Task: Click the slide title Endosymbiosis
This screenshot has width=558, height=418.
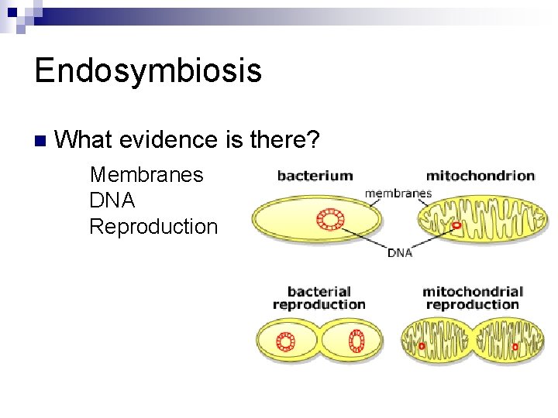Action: (x=148, y=71)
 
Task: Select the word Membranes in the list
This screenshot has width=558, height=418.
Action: (x=146, y=175)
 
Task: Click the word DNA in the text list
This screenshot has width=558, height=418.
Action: (x=112, y=201)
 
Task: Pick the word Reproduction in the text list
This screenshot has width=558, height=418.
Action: (x=153, y=227)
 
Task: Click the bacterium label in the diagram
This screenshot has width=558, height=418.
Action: (x=315, y=176)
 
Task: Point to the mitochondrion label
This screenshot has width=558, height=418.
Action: (x=480, y=176)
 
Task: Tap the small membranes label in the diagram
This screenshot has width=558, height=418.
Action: (x=398, y=193)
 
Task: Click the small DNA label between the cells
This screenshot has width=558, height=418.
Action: (x=400, y=252)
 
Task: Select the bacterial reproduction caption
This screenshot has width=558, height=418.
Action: (x=319, y=298)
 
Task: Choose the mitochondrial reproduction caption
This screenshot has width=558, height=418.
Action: (x=473, y=298)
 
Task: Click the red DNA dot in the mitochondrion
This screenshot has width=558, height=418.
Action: (x=456, y=225)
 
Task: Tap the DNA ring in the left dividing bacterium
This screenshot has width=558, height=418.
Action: (x=285, y=341)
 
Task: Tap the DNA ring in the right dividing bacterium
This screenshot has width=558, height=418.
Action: (x=356, y=341)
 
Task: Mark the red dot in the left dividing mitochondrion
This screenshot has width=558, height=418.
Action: (x=422, y=346)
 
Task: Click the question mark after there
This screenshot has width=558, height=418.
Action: (x=313, y=140)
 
